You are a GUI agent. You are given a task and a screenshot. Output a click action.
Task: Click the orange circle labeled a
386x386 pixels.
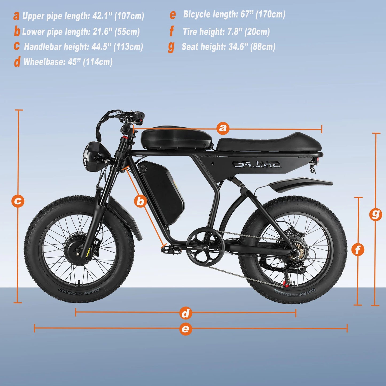tap(223, 128)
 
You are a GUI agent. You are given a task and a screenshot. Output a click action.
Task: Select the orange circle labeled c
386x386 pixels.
tap(18, 201)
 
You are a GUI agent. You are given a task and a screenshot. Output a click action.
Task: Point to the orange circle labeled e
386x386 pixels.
tap(185, 328)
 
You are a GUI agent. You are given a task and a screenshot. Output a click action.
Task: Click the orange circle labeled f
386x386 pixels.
tap(358, 250)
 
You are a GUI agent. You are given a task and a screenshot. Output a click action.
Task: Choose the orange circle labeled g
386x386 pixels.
tap(375, 214)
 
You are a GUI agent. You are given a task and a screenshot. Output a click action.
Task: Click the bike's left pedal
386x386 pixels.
tap(171, 249)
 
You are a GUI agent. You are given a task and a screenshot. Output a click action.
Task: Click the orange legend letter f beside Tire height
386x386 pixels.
tap(171, 32)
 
